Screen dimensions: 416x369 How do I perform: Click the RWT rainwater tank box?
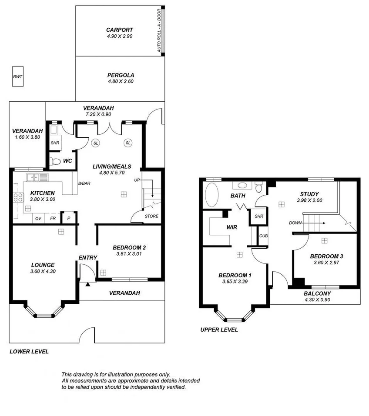coord(17,77)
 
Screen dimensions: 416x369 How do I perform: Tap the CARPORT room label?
coord(119,30)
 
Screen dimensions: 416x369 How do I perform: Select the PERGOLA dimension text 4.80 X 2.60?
coord(121,81)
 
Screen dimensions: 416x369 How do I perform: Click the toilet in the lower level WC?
coord(55,161)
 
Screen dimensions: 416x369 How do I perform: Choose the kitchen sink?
coord(34,177)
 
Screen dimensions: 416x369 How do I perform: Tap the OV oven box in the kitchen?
coord(38,218)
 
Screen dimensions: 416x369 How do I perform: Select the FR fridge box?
coord(53,218)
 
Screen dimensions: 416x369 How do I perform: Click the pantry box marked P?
coord(68,218)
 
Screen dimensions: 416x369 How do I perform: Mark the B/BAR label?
coord(84,183)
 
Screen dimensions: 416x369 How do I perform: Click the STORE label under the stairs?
coord(151,216)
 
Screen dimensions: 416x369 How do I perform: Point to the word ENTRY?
coord(87,258)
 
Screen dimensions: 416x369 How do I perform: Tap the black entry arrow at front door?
coord(88,284)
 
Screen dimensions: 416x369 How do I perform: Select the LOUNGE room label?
coord(43,265)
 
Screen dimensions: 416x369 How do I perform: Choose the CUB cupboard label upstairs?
coord(264,236)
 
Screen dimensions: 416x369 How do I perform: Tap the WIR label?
coord(231,227)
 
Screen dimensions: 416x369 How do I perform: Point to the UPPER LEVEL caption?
coord(219,329)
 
